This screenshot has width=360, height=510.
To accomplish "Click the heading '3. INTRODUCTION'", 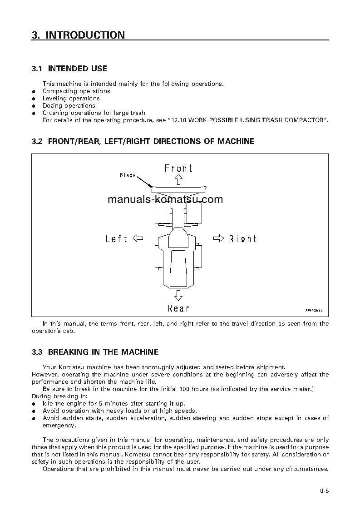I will pos(78,35).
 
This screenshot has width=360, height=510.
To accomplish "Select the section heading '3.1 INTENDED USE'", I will pos(69,69).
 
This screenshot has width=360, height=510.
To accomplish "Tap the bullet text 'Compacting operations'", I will pos(76,91).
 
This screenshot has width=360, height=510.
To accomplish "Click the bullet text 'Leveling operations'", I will pos(71,98).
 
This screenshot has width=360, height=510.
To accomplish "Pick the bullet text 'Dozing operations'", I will pos(69,105).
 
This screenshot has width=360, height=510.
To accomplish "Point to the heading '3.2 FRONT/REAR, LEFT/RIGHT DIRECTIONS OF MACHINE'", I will pos(143,141).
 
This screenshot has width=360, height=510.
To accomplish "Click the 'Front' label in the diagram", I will pos(178,168).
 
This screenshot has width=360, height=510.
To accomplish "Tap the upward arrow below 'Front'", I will pos(178,179).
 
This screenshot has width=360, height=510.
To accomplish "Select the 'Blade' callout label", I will pos(128,175).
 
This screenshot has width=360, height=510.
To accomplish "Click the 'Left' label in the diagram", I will pos(116,239).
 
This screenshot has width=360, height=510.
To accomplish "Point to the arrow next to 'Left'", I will pos(137,238).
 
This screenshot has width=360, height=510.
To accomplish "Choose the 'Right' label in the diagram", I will pos(242,239).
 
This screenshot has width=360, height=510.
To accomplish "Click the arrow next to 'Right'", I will pos(219,238).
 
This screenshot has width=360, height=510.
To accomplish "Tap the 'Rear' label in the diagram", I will pos(178,308).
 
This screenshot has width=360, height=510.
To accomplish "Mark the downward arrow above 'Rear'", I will pos(178,296).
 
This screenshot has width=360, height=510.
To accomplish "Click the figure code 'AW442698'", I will pos(313,311).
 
